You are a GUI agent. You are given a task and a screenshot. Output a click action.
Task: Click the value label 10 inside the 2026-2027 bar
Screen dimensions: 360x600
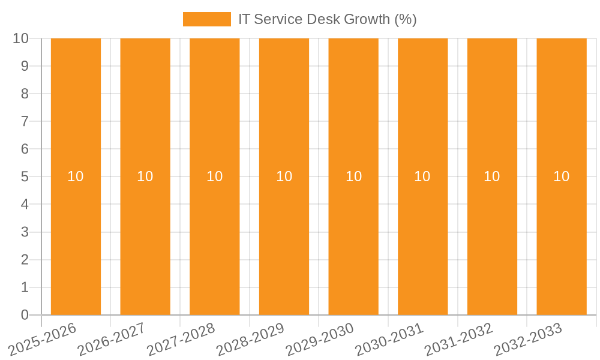(x=145, y=176)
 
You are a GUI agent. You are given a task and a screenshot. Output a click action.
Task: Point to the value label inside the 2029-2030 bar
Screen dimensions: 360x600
(x=353, y=176)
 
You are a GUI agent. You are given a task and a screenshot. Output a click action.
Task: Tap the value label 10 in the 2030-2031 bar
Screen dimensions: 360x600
(x=422, y=176)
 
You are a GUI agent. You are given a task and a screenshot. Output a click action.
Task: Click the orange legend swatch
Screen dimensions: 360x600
(x=206, y=19)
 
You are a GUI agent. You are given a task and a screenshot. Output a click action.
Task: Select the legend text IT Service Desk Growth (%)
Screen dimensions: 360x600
(x=327, y=19)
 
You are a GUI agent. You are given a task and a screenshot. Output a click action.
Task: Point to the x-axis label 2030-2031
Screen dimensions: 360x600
(x=390, y=338)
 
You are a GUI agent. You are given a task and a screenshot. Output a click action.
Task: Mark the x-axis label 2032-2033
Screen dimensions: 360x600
(x=529, y=338)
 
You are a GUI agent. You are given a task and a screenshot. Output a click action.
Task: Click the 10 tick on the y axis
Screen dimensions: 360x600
(x=20, y=38)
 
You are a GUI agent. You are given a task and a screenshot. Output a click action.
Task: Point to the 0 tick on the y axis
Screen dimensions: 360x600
(x=25, y=315)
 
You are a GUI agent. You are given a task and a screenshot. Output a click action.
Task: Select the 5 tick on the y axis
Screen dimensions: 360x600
(x=25, y=177)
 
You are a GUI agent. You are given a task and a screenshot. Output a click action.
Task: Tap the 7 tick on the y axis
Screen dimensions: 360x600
(x=25, y=121)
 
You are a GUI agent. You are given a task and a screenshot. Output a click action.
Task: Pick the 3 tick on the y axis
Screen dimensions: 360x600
(x=25, y=232)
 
